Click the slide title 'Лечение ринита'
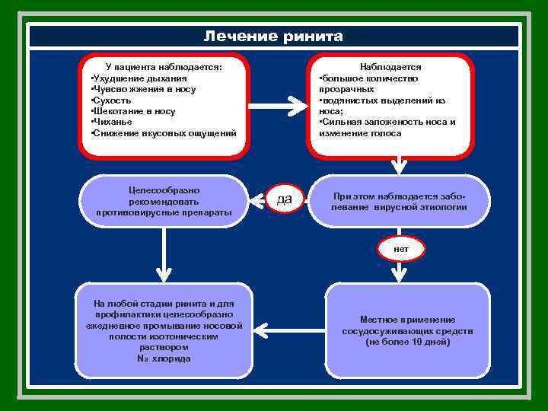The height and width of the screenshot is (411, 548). click(x=273, y=37)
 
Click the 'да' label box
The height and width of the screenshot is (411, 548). click(x=284, y=199)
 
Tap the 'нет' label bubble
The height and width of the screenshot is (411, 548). click(x=400, y=249)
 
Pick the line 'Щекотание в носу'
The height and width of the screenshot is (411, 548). click(x=133, y=111)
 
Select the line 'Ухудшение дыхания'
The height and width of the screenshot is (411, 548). click(x=138, y=78)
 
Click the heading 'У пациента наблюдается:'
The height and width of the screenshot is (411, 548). click(x=164, y=67)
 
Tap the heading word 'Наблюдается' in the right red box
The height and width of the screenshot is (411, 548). click(x=390, y=67)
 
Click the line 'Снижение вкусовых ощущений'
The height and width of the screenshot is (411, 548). click(x=164, y=133)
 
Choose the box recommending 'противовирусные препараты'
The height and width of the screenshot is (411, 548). click(x=164, y=201)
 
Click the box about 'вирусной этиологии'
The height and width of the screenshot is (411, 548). click(x=400, y=201)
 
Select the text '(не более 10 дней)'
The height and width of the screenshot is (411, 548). click(x=408, y=342)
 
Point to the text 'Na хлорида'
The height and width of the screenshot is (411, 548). click(x=164, y=358)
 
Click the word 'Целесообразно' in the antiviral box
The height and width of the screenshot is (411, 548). click(x=164, y=190)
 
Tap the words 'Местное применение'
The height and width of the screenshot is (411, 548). click(x=408, y=320)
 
